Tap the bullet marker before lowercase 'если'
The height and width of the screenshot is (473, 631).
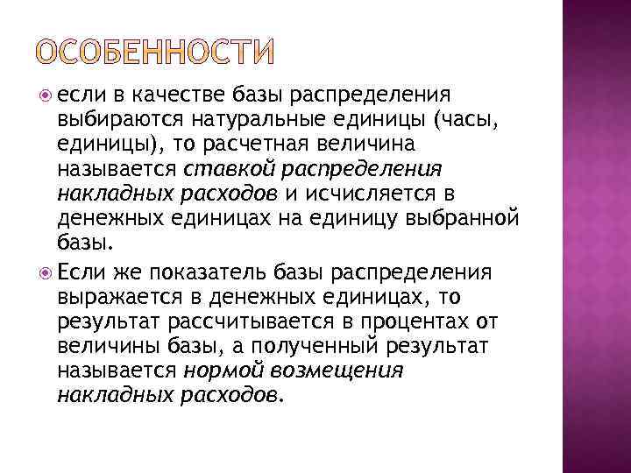click(x=46, y=95)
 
